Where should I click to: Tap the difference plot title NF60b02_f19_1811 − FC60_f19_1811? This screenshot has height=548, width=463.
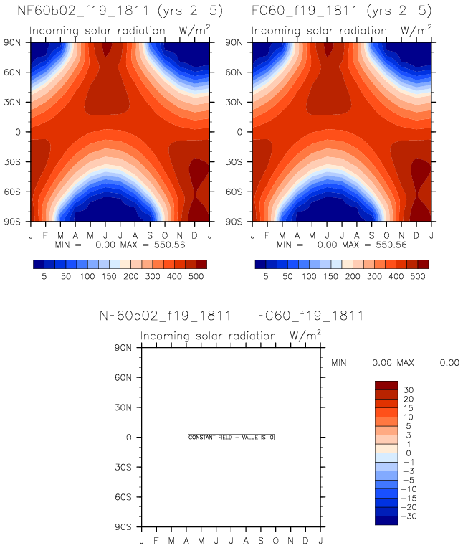tap(231, 316)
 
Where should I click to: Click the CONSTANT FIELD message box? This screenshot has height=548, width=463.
tap(231, 437)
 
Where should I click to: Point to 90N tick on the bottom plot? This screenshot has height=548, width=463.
tap(125, 348)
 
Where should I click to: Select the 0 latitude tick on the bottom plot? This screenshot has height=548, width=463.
tap(130, 437)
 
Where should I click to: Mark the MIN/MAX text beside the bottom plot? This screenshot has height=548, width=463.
tap(395, 363)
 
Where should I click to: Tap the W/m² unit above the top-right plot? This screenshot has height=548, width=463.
tap(416, 31)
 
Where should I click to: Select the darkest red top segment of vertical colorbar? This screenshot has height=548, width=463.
tap(386, 385)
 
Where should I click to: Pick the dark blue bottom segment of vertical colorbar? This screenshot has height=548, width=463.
tap(386, 521)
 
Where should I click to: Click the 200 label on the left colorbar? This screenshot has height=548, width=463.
tap(130, 275)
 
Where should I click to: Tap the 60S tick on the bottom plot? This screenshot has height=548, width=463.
tap(125, 497)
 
